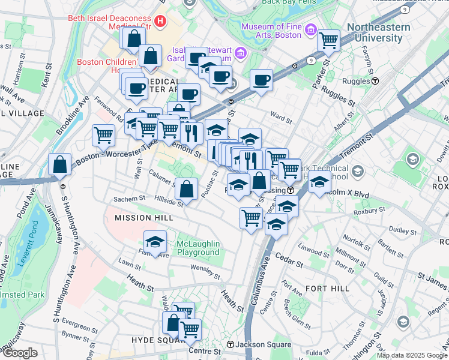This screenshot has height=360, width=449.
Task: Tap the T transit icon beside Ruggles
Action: pyautogui.click(x=375, y=81)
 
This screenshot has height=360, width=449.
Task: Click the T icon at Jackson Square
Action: pyautogui.click(x=230, y=344)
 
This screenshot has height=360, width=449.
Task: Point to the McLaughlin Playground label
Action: pyautogui.click(x=198, y=248)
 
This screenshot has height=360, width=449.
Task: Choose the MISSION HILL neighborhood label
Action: pyautogui.click(x=140, y=217)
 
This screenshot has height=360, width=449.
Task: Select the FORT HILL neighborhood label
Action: pyautogui.click(x=327, y=289)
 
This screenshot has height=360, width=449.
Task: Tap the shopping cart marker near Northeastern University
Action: pyautogui.click(x=328, y=41)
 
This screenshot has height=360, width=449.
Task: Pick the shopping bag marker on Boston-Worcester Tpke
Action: pyautogui.click(x=61, y=165)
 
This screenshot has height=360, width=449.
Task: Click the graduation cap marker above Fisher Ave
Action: pyautogui.click(x=155, y=242)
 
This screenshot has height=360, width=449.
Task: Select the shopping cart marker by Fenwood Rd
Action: pyautogui.click(x=104, y=136)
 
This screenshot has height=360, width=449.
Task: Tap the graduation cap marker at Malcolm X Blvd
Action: pyautogui.click(x=319, y=182)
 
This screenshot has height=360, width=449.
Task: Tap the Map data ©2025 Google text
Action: pyautogui.click(x=412, y=355)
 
